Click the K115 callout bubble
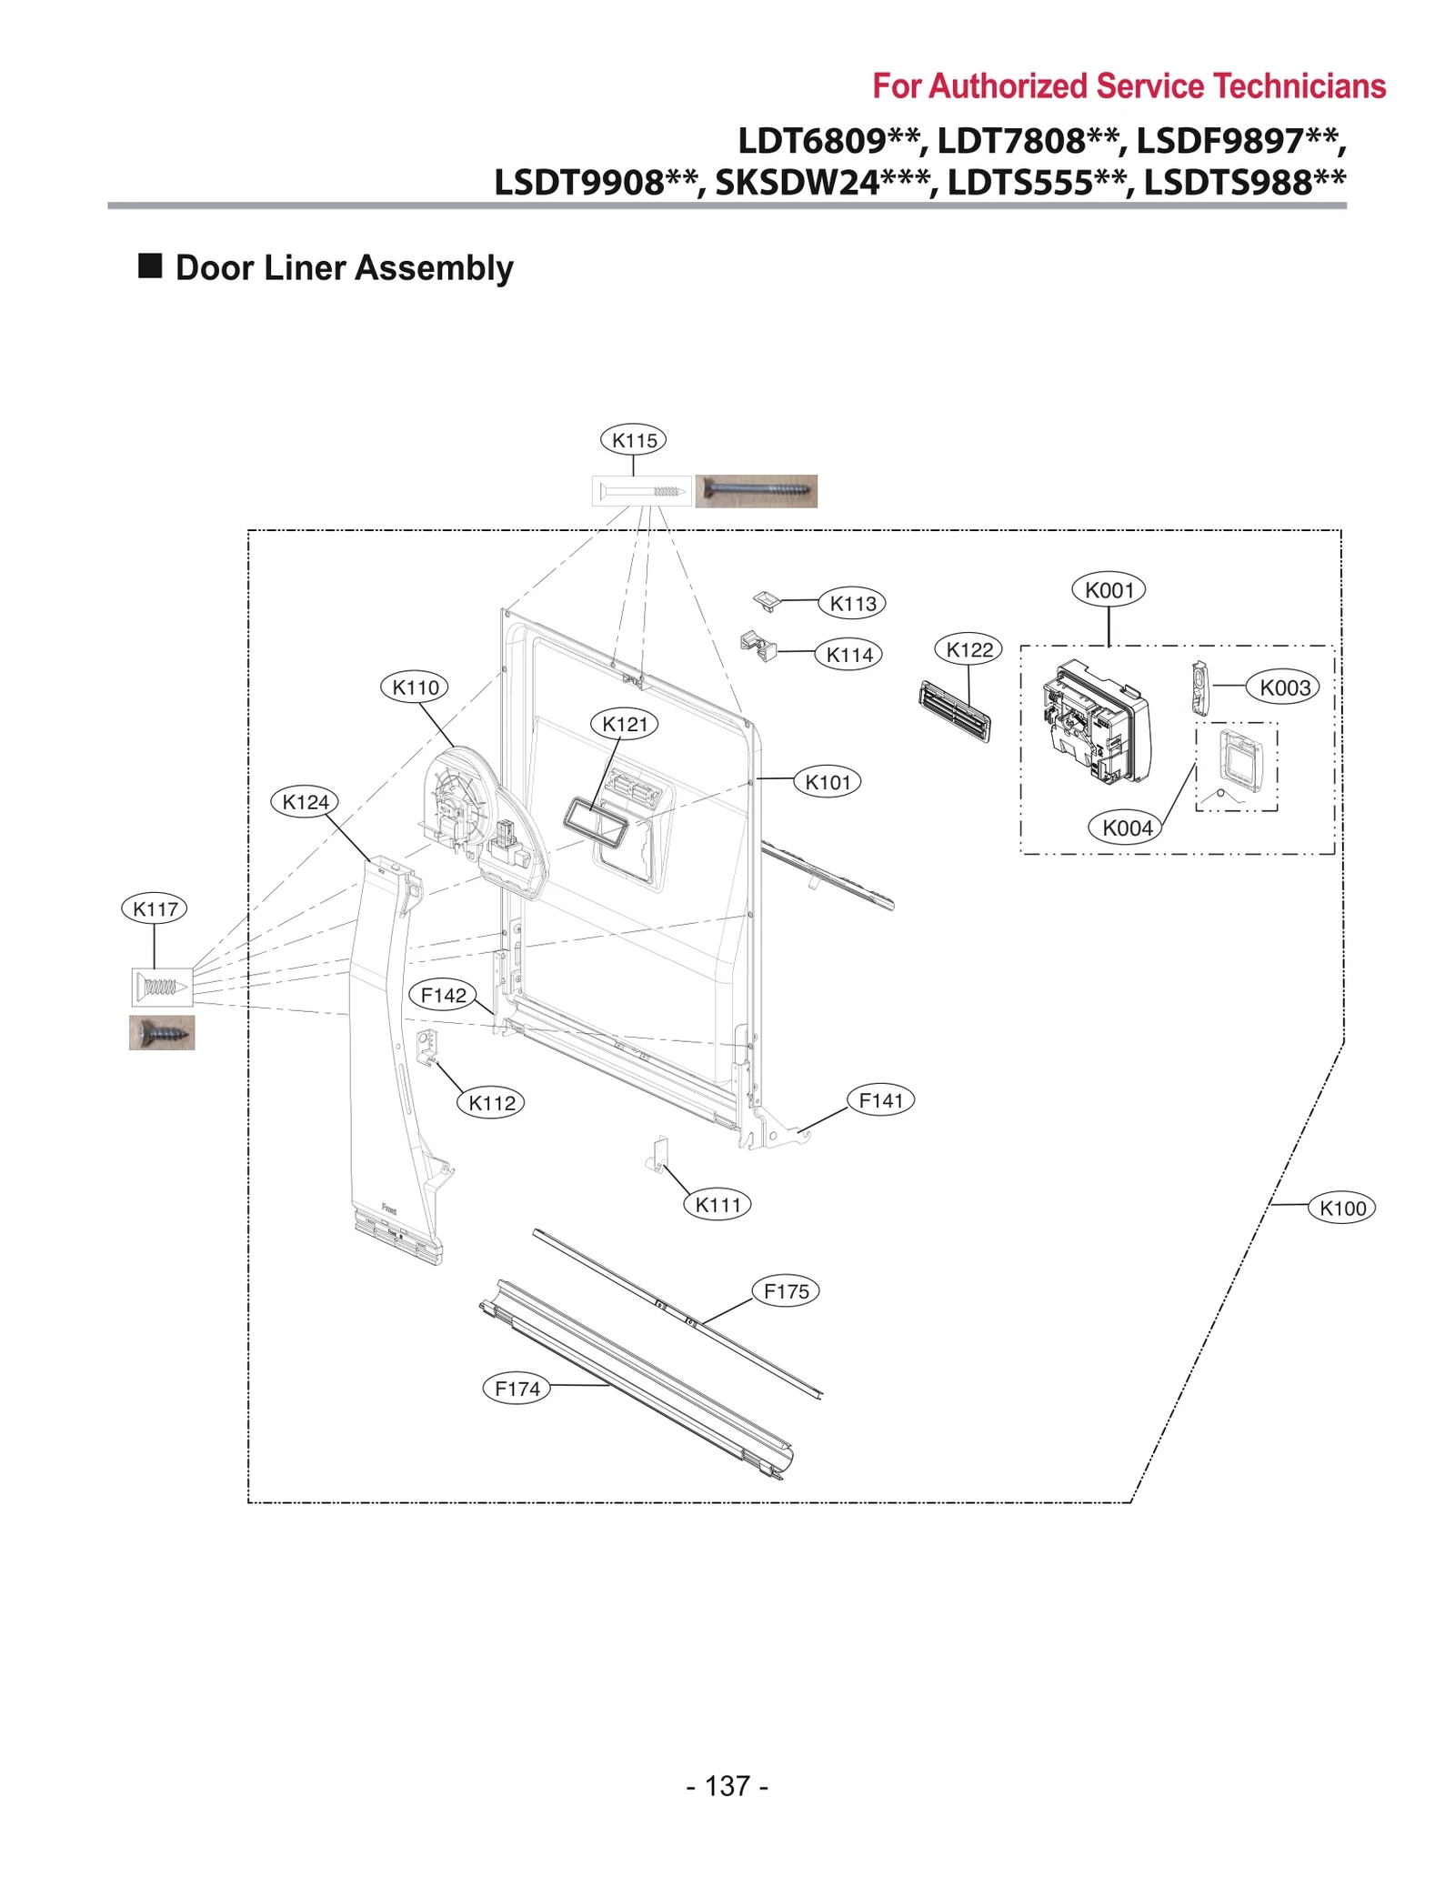click(633, 440)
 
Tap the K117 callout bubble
click(154, 908)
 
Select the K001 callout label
click(1109, 590)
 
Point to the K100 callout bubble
click(1341, 1209)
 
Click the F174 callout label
click(517, 1389)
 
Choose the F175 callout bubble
click(786, 1291)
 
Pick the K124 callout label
click(305, 802)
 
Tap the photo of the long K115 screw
click(756, 491)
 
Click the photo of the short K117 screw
click(162, 1033)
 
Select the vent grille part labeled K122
click(954, 711)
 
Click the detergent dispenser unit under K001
click(1096, 721)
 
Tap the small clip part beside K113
click(768, 600)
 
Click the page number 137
click(727, 1786)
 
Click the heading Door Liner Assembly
click(344, 268)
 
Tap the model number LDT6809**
click(829, 141)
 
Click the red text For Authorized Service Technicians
click(1129, 86)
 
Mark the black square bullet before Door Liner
click(150, 266)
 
